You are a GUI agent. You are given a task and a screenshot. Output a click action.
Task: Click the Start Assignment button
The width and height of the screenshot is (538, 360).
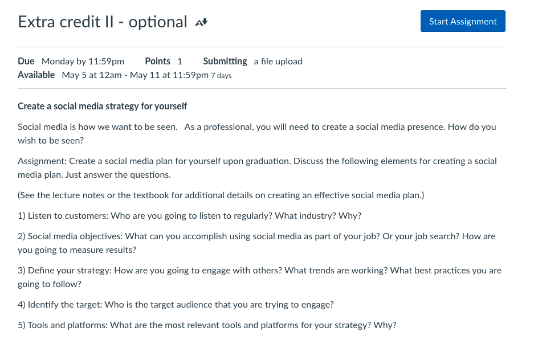click(463, 22)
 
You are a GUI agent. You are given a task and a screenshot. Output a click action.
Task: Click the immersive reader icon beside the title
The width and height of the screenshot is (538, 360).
click(201, 23)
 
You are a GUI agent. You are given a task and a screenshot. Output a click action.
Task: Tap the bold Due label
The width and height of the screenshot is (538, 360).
click(26, 62)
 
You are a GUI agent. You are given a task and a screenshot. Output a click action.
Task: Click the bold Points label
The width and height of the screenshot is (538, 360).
click(157, 62)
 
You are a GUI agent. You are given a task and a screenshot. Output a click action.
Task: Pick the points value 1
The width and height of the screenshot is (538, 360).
click(180, 62)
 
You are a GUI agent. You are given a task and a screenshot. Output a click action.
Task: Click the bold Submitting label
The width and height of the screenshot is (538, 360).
click(225, 62)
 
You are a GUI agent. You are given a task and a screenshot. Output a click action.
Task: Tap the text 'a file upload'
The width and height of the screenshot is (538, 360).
click(278, 62)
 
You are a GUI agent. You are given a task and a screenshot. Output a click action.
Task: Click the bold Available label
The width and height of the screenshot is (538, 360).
click(36, 75)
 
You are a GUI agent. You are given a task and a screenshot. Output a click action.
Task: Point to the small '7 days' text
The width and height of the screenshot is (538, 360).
click(221, 76)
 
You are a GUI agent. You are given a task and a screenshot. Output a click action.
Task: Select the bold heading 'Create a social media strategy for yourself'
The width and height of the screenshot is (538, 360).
click(103, 107)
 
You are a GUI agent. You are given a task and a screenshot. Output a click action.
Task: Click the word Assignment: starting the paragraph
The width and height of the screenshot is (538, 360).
click(42, 161)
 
